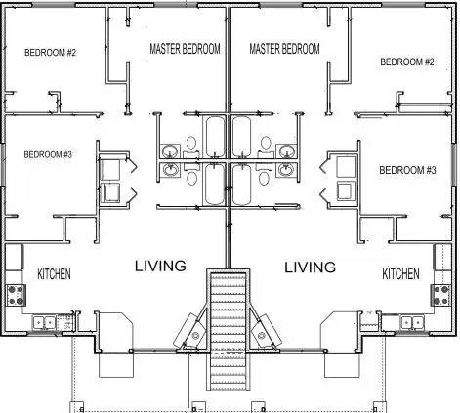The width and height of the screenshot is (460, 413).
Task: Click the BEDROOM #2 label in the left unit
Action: [x=50, y=52]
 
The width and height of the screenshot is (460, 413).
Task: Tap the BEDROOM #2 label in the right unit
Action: [x=407, y=62]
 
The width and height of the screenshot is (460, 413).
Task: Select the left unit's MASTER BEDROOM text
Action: [x=185, y=49]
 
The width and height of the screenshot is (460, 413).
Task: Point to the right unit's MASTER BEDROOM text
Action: [x=284, y=49]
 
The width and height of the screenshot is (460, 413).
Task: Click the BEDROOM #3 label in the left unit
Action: [x=48, y=154]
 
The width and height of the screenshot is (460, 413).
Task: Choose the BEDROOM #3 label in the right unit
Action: [x=407, y=170]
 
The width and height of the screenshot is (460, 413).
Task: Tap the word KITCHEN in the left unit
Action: [x=54, y=274]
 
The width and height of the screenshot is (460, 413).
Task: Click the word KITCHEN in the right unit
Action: [x=400, y=273]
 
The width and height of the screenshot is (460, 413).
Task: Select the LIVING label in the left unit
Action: [x=160, y=266]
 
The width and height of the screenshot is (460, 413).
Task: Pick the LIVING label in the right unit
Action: [x=310, y=268]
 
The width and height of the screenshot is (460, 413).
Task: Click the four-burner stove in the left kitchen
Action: [x=16, y=295]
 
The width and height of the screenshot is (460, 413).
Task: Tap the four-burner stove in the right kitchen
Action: [x=441, y=295]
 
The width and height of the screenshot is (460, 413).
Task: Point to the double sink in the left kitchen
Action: [x=44, y=323]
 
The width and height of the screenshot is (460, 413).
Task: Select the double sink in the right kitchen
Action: [x=412, y=323]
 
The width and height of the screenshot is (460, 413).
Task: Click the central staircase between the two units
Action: [x=228, y=329]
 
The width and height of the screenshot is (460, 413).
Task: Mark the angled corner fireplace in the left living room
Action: [x=190, y=331]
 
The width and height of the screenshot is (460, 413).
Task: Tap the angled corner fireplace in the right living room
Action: [x=266, y=331]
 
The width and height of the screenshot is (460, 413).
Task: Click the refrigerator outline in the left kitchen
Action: [x=14, y=257]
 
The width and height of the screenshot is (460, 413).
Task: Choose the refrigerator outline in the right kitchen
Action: [x=442, y=257]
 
